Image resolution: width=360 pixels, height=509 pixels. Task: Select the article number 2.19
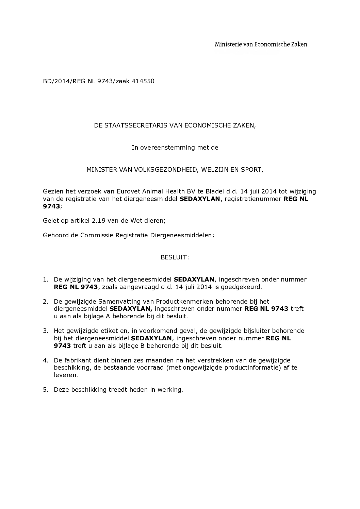pos(99,220)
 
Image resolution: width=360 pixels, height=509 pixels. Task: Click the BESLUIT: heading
pos(175,257)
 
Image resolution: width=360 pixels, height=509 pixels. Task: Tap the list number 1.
pos(45,279)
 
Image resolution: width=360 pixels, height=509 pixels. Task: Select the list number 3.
pos(45,331)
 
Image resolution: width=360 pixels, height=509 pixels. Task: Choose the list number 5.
pos(45,390)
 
